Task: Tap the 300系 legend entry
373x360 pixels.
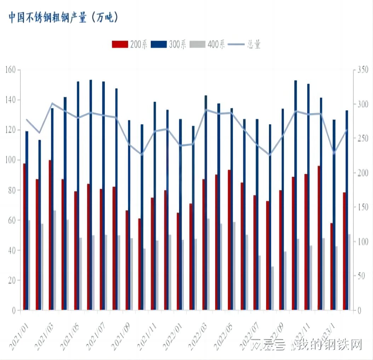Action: (x=168, y=44)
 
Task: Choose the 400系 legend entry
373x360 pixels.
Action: (x=207, y=44)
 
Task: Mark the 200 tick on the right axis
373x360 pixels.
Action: (x=363, y=173)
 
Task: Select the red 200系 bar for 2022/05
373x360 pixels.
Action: (x=229, y=240)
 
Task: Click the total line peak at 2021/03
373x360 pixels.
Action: (x=52, y=103)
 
